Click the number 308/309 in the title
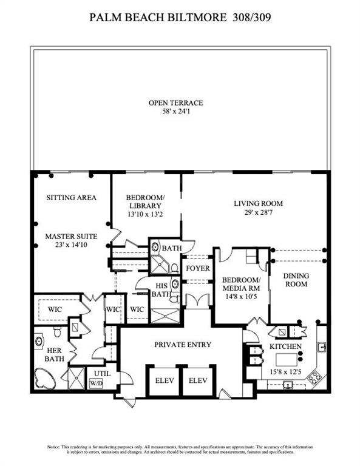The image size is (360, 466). (250, 18)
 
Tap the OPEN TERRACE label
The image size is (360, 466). (176, 103)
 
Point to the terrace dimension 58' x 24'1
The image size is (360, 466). (176, 112)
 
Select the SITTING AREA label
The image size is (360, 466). (72, 198)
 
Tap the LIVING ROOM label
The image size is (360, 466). (259, 203)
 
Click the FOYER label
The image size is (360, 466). (197, 268)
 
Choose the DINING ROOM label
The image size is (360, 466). (296, 280)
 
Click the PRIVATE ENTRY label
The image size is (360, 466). (183, 345)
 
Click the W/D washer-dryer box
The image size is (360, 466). (97, 383)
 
